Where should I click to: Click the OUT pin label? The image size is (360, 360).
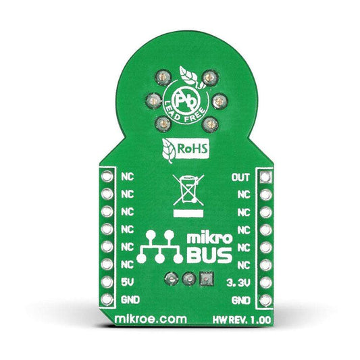pyautogui.click(x=240, y=177)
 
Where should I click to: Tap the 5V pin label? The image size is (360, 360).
pyautogui.click(x=127, y=282)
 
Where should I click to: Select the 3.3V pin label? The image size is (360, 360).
pyautogui.click(x=238, y=283)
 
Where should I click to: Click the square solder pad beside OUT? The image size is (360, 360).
pyautogui.click(x=266, y=177)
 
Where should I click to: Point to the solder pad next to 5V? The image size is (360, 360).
pyautogui.click(x=107, y=282)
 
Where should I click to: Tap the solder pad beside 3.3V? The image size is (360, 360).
pyautogui.click(x=266, y=282)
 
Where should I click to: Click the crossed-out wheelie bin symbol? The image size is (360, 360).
pyautogui.click(x=188, y=190)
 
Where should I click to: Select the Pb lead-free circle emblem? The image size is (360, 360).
pyautogui.click(x=186, y=101)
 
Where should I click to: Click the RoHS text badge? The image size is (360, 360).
pyautogui.click(x=192, y=149)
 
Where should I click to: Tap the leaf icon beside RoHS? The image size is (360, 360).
pyautogui.click(x=169, y=151)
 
